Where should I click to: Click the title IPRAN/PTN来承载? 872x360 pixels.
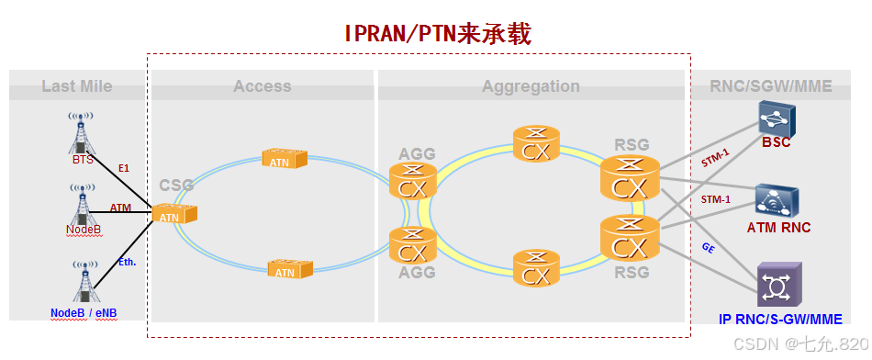coord(438,34)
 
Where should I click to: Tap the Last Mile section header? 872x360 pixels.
coord(76,86)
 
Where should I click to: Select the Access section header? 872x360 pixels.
coord(262,86)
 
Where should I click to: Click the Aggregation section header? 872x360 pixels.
coord(531,86)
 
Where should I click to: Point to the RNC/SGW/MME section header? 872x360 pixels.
coord(770,86)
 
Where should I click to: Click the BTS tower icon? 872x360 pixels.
coord(82,133)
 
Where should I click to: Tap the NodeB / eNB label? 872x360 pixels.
coord(84,312)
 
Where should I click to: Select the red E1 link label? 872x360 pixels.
coord(124,168)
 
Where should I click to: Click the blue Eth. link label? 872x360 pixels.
coord(127,262)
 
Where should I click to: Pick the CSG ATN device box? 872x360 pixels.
coord(173,215)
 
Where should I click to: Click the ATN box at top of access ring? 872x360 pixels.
coord(284,158)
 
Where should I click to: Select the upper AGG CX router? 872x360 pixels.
coord(412,181)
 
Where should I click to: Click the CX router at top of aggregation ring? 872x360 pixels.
coord(535,145)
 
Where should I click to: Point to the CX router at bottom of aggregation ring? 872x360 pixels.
coord(535,268)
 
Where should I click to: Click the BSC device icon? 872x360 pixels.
coord(776,118)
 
